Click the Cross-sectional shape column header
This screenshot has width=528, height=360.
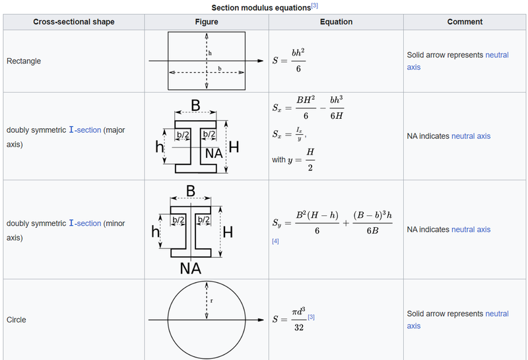click(x=74, y=22)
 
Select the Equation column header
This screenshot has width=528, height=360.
click(x=336, y=22)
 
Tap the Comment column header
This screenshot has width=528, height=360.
click(x=465, y=22)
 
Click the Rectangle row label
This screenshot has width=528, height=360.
click(x=24, y=61)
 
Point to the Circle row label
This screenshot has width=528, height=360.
click(x=16, y=320)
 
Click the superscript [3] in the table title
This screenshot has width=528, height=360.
click(x=315, y=6)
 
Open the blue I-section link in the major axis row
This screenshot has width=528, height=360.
click(x=85, y=129)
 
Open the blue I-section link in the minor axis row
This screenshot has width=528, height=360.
click(x=85, y=223)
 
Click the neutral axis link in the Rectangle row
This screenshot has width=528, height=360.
click(x=457, y=61)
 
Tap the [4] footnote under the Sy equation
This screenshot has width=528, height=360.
click(x=275, y=241)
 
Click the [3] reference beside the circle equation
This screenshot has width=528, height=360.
click(x=311, y=317)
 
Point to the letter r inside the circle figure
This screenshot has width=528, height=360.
click(x=211, y=301)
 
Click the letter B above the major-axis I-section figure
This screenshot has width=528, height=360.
click(x=195, y=105)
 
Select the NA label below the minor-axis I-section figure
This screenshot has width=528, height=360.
click(x=191, y=268)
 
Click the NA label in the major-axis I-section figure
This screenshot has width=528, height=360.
click(x=214, y=153)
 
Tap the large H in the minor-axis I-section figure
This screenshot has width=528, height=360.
click(x=228, y=232)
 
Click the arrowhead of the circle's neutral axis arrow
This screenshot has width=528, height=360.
click(x=261, y=320)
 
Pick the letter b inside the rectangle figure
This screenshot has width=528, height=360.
click(x=220, y=69)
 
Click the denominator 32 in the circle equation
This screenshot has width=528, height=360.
click(x=299, y=328)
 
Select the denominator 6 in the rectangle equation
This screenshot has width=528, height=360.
click(x=298, y=69)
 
